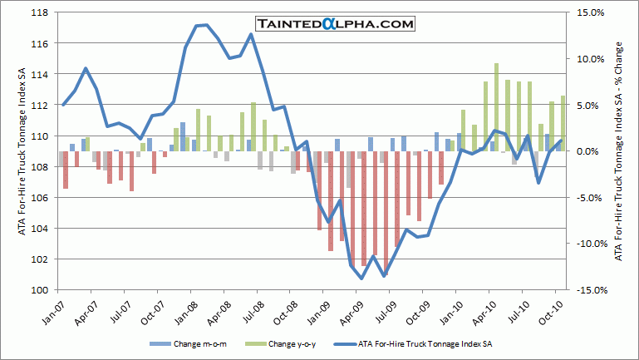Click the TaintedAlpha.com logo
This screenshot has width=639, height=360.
tap(336, 25)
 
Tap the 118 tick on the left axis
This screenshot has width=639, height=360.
tap(39, 12)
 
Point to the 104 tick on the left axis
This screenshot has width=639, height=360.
tap(39, 229)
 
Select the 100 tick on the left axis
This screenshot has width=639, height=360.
tap(39, 290)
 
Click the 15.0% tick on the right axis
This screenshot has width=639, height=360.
tap(585, 12)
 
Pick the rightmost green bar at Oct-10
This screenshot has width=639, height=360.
tap(563, 123)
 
